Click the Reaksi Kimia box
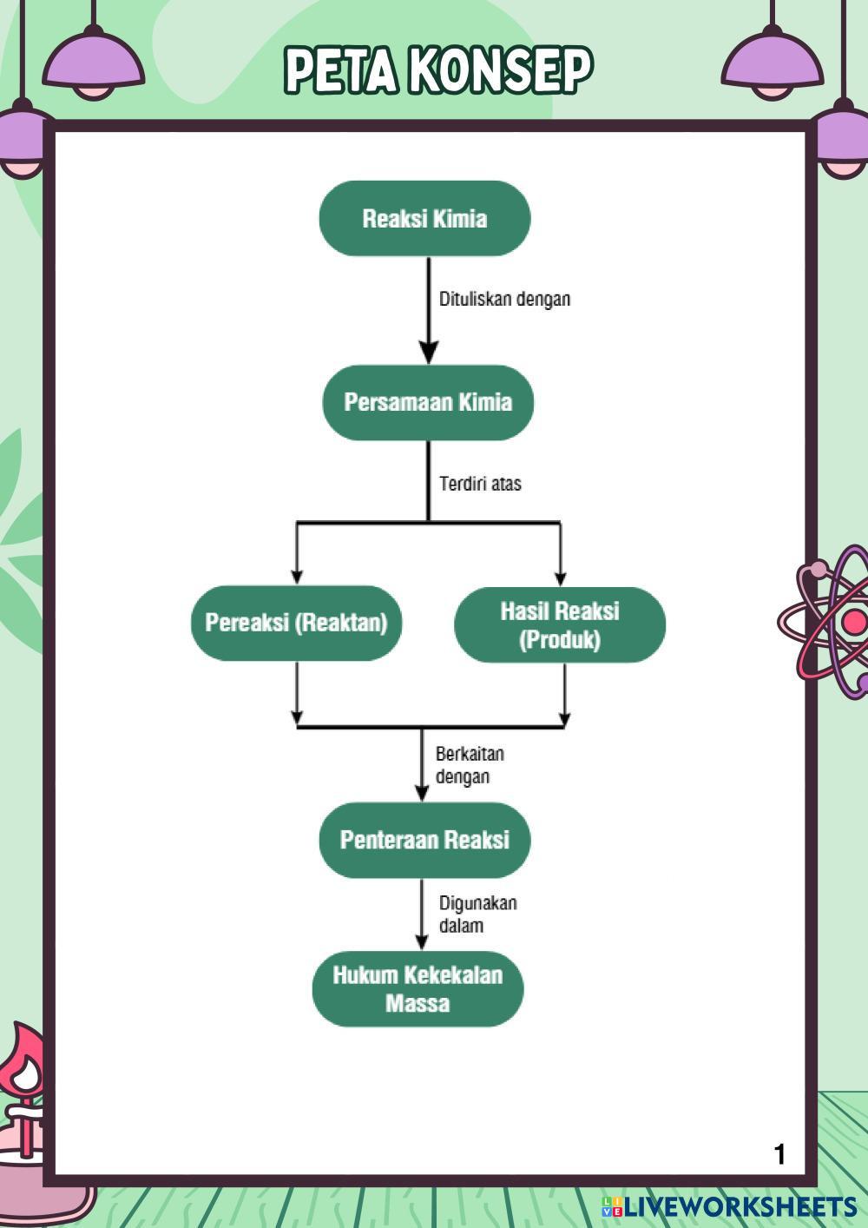coord(424,218)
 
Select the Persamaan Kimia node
coord(428,402)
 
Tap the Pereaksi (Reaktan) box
coord(296,623)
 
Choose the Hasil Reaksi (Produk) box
coord(560,624)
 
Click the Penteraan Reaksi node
coord(424,840)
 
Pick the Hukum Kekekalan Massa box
coord(418,989)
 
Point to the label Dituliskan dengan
coord(504,299)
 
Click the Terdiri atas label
coord(480,484)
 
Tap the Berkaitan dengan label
coord(469,764)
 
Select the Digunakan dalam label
coord(477,914)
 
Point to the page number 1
coord(779,1154)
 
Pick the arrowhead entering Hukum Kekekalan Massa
coord(422,941)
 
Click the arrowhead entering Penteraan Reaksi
coord(422,791)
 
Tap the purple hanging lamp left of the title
coord(94,65)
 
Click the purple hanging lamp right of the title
coord(772,65)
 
